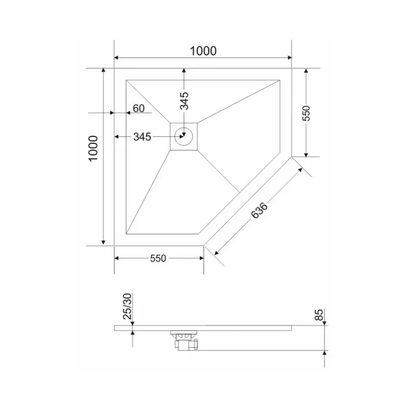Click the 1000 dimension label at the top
tap(203, 51)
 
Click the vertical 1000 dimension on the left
tap(92, 148)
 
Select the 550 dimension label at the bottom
tap(158, 258)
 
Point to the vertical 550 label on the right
tap(306, 113)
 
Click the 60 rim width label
tap(138, 108)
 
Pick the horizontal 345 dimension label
tap(142, 136)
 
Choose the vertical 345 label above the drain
tap(184, 100)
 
